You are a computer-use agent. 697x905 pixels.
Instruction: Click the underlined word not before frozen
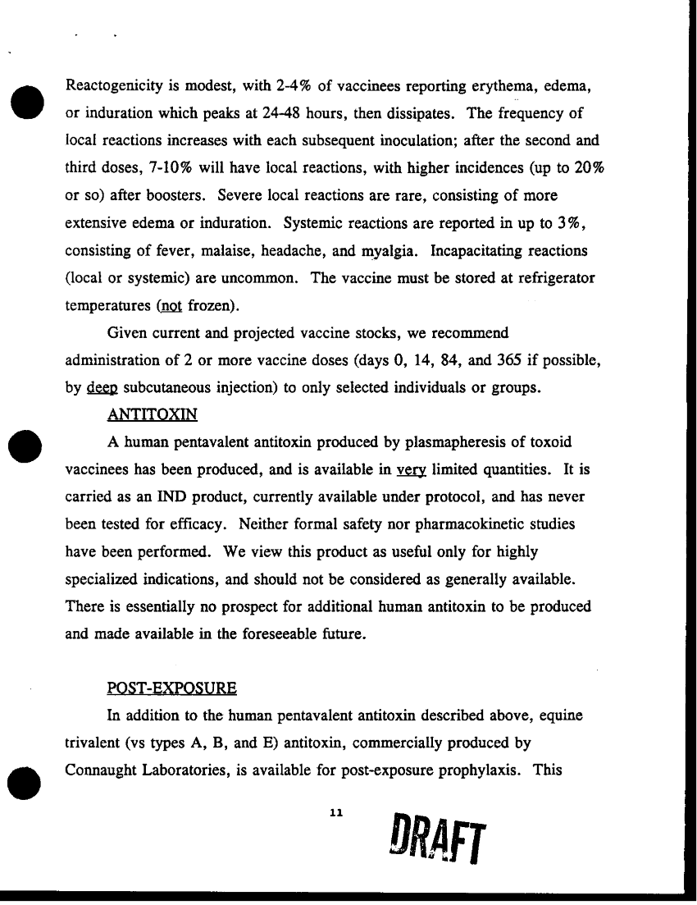(171, 306)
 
